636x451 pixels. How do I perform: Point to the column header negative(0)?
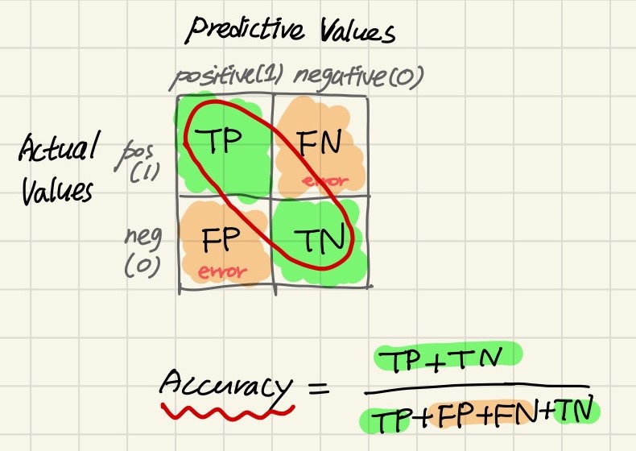pos(358,77)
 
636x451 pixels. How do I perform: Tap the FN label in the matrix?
pos(320,146)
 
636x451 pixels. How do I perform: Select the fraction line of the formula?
pos(475,385)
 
